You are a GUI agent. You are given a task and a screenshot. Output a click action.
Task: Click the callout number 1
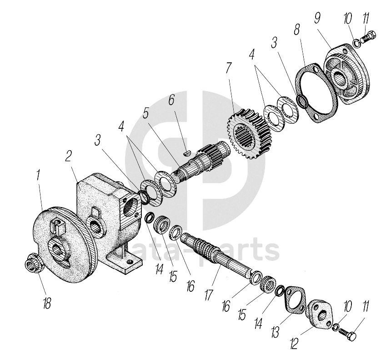coord(38,175)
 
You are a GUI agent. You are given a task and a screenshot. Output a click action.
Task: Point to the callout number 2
coord(68,156)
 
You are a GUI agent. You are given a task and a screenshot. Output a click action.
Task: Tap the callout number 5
coord(145,113)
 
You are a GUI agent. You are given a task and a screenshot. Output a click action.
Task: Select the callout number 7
coord(229,68)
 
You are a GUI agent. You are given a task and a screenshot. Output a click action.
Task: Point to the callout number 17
coord(209,294)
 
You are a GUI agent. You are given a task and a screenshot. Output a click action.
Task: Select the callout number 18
coord(47,303)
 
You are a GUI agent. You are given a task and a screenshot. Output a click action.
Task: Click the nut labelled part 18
coord(35,263)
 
